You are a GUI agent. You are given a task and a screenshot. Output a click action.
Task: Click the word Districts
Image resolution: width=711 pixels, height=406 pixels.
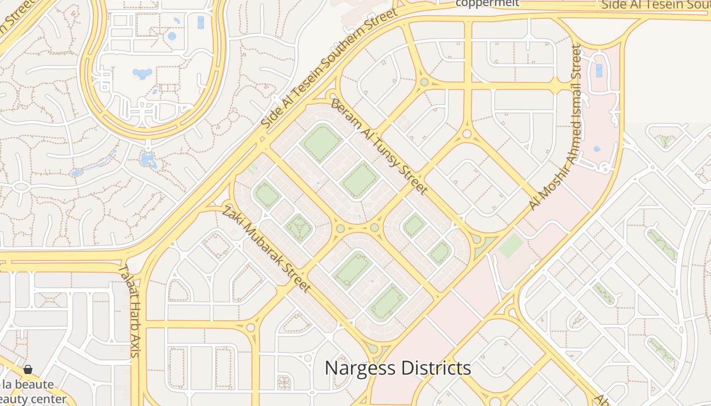click(436, 368)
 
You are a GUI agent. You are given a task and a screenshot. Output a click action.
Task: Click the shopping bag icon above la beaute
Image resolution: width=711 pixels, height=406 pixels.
click(28, 369)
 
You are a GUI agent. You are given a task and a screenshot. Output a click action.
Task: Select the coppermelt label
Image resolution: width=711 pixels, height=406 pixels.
click(487, 3)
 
